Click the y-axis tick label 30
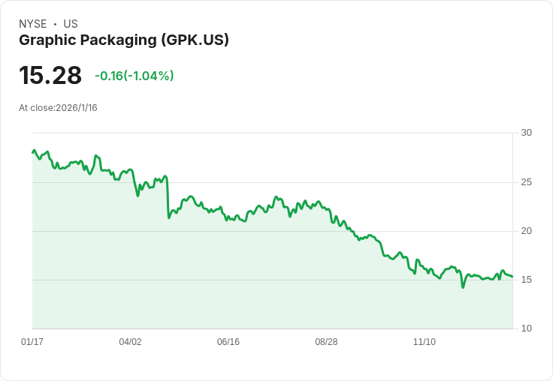pos(527,133)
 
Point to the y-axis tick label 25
pos(527,182)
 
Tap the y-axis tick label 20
pos(527,231)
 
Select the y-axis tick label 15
pos(527,280)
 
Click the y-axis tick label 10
pos(527,328)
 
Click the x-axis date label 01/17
pos(32,342)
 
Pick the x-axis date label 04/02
pos(130,342)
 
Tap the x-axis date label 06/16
pos(228,342)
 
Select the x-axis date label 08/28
pos(326,342)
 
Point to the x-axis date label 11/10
pos(425,342)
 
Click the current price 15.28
pos(50,76)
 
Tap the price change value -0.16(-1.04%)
pos(134,76)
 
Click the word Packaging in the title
pos(116,40)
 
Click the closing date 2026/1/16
pos(77,108)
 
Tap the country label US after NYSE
pos(71,24)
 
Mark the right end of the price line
pos(512,277)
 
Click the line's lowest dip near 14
pos(463,286)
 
